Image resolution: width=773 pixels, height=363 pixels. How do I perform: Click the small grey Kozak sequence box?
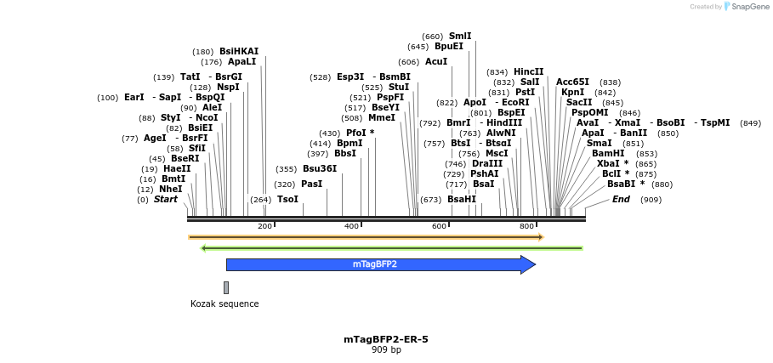pos(226,287)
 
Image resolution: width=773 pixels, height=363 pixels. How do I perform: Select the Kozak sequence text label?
pos(225,303)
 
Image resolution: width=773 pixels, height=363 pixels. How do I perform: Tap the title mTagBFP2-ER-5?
pos(386,339)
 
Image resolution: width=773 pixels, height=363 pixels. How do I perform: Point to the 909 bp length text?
pos(386,349)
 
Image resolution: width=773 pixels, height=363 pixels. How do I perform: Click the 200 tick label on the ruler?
pos(265,226)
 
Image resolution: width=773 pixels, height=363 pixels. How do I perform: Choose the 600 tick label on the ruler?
pos(439,226)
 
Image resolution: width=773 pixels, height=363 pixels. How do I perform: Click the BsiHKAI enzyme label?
pos(239,51)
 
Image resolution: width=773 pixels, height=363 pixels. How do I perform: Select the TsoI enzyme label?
pos(287,199)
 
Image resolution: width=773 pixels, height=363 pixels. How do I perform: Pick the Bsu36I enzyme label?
pos(320,168)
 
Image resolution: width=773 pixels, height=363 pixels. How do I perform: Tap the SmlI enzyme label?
pos(460,36)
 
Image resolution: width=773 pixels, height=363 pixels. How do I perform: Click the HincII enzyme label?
pos(528,71)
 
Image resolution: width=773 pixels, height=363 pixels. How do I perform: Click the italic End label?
pos(621,199)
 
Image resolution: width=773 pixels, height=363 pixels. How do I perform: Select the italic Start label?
pos(166,199)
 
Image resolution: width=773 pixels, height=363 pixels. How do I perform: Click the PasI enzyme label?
pos(312,184)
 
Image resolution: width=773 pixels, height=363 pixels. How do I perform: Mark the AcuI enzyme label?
pos(436,61)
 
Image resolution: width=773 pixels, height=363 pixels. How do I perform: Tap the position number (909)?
pos(651,199)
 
